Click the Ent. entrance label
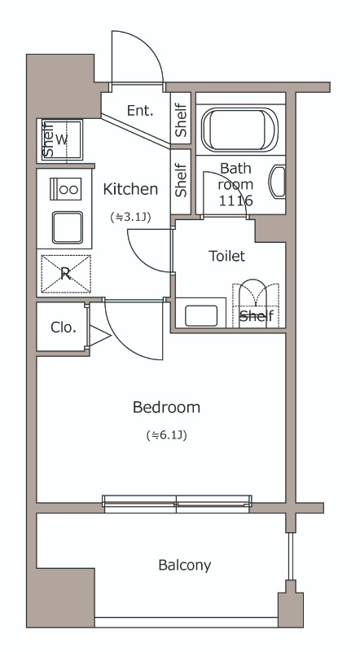[x=140, y=111]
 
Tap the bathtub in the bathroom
[x=239, y=129]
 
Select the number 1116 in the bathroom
[x=235, y=200]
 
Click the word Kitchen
[x=130, y=189]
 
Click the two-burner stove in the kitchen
[x=66, y=189]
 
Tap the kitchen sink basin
[x=68, y=227]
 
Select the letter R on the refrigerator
[x=65, y=274]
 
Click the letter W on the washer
[x=61, y=139]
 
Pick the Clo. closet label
[x=64, y=328]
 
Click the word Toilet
[x=227, y=256]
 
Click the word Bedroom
[x=166, y=407]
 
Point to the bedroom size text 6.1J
[x=166, y=435]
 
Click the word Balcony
[x=185, y=565]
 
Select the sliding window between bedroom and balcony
[x=177, y=504]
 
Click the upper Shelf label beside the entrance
[x=181, y=120]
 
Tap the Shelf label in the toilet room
[x=257, y=315]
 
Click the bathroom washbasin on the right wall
[x=278, y=182]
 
